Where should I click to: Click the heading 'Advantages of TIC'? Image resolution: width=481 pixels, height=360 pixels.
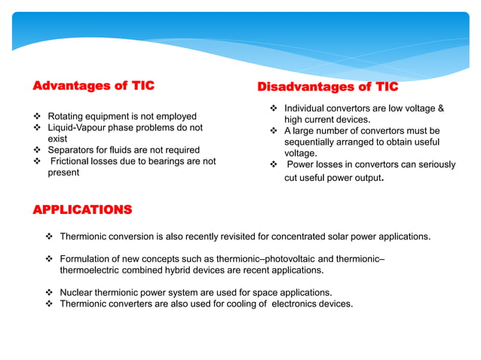pyautogui.click(x=93, y=86)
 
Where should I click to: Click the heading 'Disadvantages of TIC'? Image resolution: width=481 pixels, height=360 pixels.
pyautogui.click(x=328, y=88)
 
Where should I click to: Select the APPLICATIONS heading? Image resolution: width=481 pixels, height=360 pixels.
pyautogui.click(x=81, y=209)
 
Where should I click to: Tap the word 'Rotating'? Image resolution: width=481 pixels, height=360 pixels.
pyautogui.click(x=66, y=117)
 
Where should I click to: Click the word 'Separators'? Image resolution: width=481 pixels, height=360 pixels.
pyautogui.click(x=72, y=150)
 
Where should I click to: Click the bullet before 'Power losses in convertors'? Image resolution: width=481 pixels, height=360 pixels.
pyautogui.click(x=274, y=164)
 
